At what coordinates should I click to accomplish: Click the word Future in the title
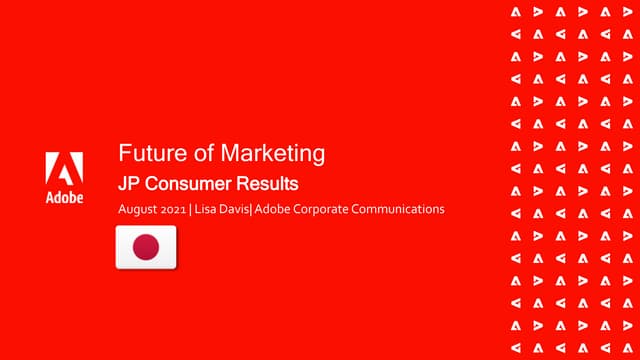(146, 154)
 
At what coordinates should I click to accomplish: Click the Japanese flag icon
(146, 247)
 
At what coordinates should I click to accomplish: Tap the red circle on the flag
(146, 247)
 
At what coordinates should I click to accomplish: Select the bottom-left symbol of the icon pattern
(515, 347)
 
